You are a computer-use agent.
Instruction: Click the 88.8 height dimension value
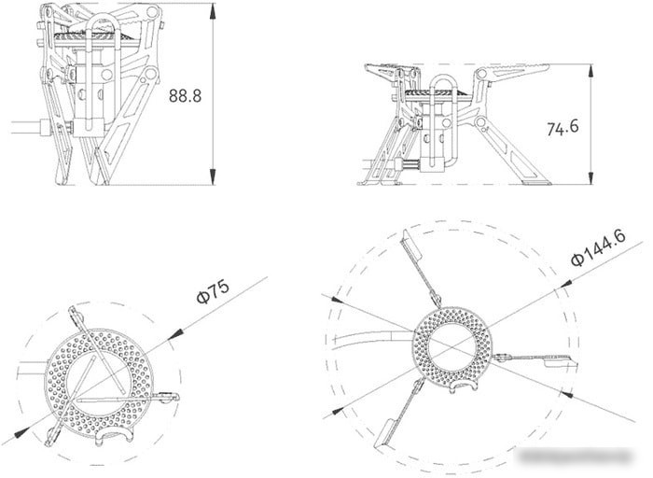click(x=185, y=96)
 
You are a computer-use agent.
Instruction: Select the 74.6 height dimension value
click(x=563, y=127)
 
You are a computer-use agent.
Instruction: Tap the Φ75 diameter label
click(x=213, y=291)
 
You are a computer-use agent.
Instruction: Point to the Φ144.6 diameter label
click(x=599, y=247)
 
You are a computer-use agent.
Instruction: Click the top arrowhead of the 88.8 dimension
click(x=213, y=10)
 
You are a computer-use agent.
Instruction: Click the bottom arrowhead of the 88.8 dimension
click(x=213, y=177)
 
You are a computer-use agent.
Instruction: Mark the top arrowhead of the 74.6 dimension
click(x=590, y=72)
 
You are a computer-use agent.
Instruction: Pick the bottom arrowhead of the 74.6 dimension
click(x=590, y=176)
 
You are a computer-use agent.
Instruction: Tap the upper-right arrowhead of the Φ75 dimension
click(x=175, y=334)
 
